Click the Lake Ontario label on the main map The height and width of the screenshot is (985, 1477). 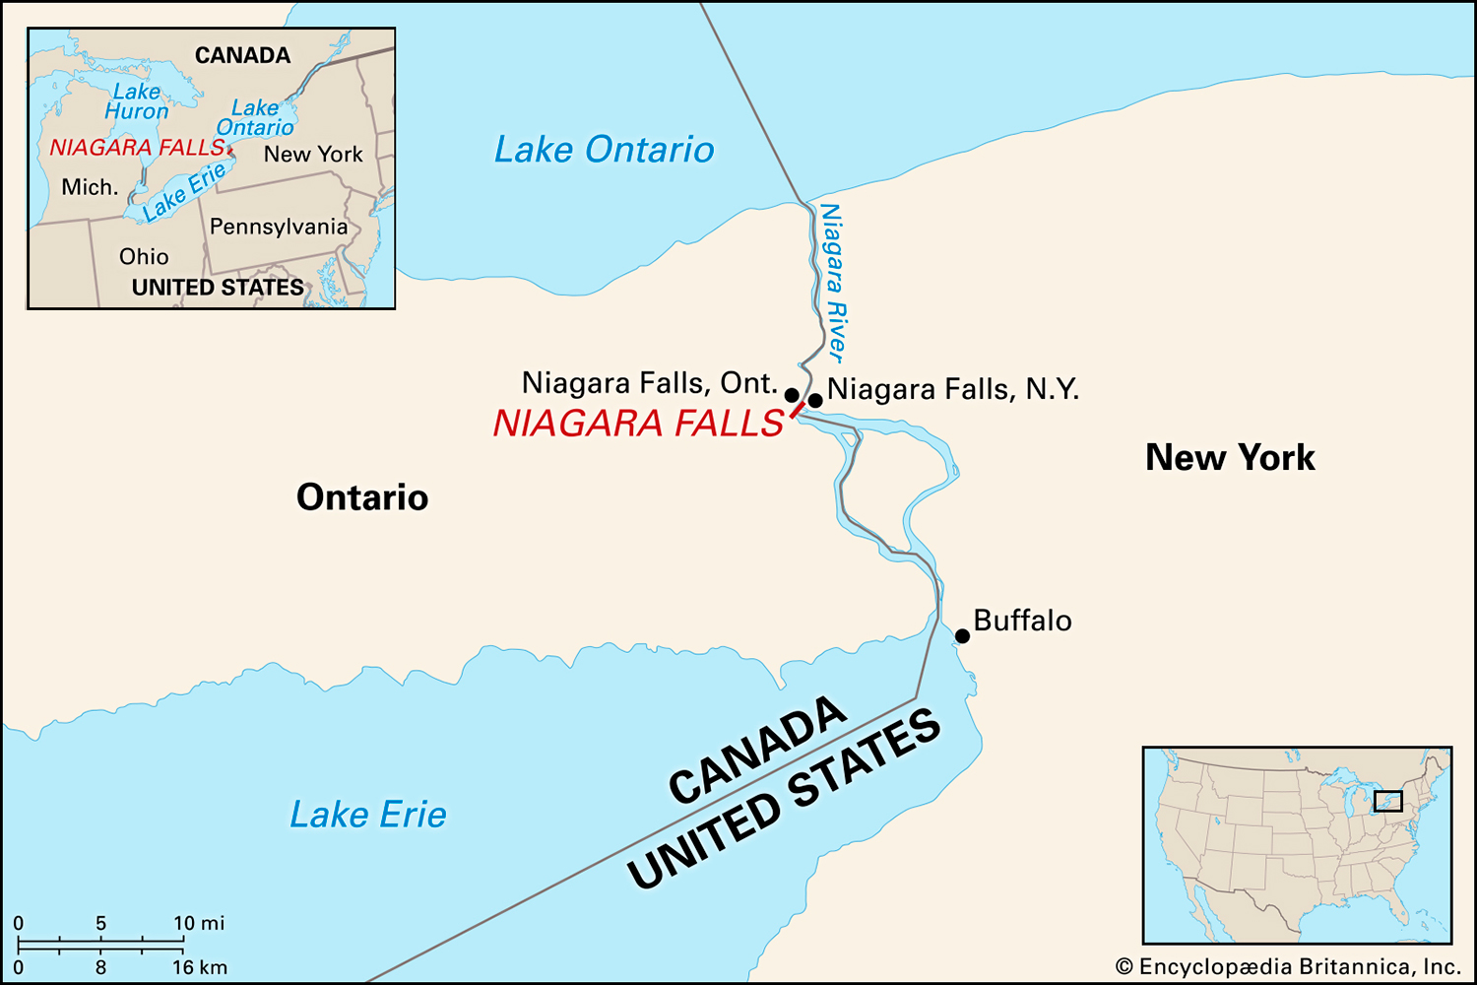pyautogui.click(x=604, y=150)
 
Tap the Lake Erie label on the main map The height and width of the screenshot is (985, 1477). pyautogui.click(x=367, y=815)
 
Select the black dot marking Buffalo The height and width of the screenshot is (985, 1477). pyautogui.click(x=962, y=636)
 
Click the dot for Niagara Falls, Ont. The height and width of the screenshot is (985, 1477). pyautogui.click(x=792, y=395)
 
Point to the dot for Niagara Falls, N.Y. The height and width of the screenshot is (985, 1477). pyautogui.click(x=815, y=400)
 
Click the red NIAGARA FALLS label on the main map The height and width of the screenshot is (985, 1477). pyautogui.click(x=638, y=424)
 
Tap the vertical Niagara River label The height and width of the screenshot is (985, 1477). pyautogui.click(x=833, y=283)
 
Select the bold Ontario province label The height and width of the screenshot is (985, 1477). pyautogui.click(x=362, y=497)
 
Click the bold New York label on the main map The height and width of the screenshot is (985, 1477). pyautogui.click(x=1230, y=458)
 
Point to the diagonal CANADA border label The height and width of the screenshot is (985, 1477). pyautogui.click(x=756, y=751)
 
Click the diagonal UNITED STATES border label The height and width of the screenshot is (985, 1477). pyautogui.click(x=785, y=800)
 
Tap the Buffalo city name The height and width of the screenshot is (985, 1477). pyautogui.click(x=1022, y=621)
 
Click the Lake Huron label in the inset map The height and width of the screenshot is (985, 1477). pyautogui.click(x=137, y=101)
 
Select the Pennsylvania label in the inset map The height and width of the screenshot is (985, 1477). pyautogui.click(x=279, y=227)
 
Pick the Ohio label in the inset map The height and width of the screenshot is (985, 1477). pyautogui.click(x=144, y=257)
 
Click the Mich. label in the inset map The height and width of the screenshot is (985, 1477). pyautogui.click(x=90, y=187)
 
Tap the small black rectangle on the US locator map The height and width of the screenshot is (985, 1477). pyautogui.click(x=1387, y=801)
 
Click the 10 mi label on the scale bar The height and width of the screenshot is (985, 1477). pyautogui.click(x=199, y=923)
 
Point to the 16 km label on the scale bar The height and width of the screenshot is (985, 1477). pyautogui.click(x=200, y=967)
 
